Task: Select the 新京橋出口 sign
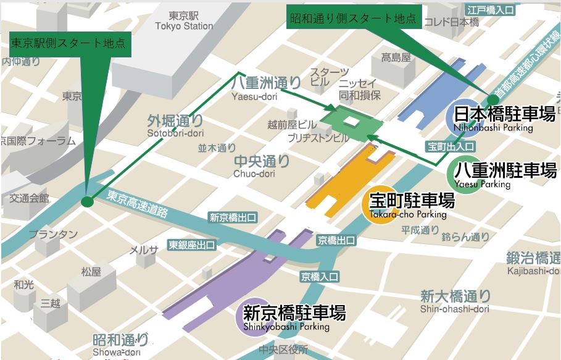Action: pyautogui.click(x=233, y=217)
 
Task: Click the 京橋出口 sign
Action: pyautogui.click(x=336, y=240)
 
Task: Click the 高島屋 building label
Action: pyautogui.click(x=396, y=58)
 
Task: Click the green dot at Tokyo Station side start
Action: pyautogui.click(x=87, y=201)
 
